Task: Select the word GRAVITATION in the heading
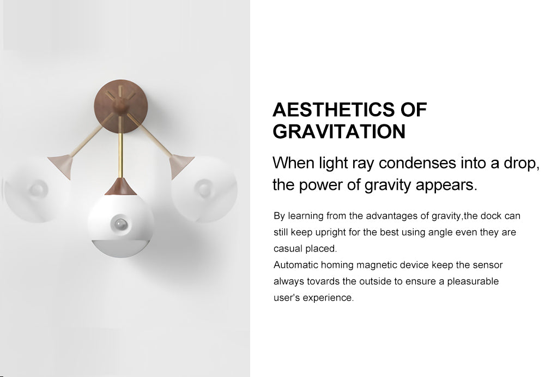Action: click(339, 131)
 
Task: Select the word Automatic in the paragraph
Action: click(295, 265)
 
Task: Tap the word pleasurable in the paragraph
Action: click(473, 282)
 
